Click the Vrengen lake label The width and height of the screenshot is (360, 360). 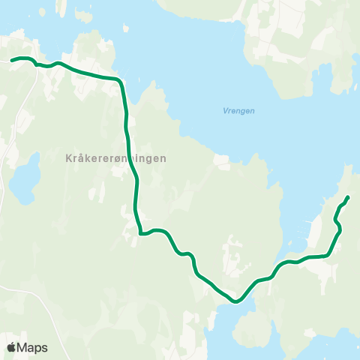[x=239, y=110]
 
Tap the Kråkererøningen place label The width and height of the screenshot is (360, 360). [x=111, y=158]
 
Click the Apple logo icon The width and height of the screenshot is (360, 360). [x=11, y=347]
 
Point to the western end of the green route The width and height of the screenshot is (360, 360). [x=10, y=59]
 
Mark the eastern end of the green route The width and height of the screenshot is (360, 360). [x=348, y=197]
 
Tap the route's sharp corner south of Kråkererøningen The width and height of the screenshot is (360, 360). [x=140, y=233]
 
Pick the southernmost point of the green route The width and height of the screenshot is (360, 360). [x=236, y=301]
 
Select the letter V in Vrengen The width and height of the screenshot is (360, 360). [x=226, y=110]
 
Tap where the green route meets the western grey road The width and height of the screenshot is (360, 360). [x=34, y=63]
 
